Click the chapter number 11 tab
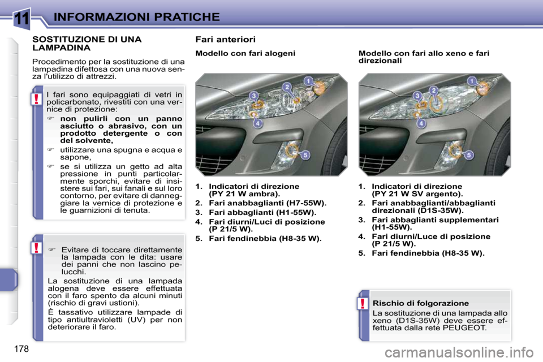click(21, 18)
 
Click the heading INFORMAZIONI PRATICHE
click(136, 16)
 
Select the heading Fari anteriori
click(225, 40)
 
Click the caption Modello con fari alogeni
click(245, 53)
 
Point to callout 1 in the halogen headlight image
click(308, 81)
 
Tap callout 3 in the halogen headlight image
click(255, 96)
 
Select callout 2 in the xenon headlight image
click(434, 90)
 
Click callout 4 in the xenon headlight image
click(421, 123)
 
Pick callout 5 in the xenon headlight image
click(469, 154)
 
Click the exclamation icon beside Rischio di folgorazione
click(361, 305)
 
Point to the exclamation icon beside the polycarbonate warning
click(36, 100)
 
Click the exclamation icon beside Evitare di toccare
click(36, 249)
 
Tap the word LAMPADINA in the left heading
click(61, 49)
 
